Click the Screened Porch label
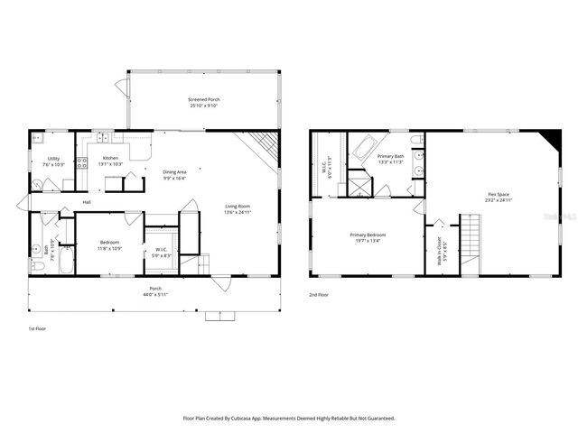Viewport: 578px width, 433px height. (203, 99)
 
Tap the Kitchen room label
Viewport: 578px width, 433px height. (110, 158)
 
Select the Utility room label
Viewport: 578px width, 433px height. (53, 158)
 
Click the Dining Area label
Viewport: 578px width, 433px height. (174, 171)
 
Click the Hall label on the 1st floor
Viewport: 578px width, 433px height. (87, 202)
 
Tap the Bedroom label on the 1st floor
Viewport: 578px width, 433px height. (109, 243)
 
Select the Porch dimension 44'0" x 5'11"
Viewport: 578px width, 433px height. (156, 294)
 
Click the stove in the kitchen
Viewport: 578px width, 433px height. (81, 163)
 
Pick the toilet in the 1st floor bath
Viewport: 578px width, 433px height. (37, 267)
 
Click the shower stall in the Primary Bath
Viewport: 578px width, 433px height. (360, 186)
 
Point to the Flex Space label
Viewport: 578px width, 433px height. (498, 193)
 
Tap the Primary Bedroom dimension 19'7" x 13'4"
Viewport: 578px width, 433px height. (365, 240)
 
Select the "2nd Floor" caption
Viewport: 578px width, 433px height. (319, 294)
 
